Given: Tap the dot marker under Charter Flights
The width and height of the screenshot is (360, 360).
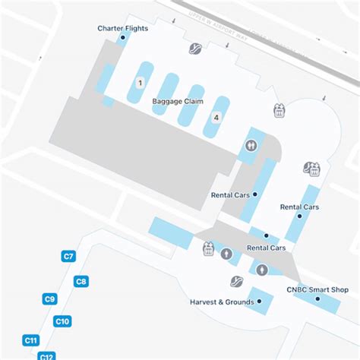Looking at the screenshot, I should (123, 36).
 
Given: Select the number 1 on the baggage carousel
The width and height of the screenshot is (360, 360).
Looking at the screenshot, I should (141, 82).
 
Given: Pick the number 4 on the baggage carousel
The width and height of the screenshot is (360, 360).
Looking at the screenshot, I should (216, 117).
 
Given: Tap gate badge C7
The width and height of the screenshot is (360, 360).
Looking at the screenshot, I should (68, 257).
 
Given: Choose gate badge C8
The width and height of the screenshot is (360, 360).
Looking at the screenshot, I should (82, 282).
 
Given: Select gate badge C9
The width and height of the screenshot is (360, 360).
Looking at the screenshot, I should (50, 299).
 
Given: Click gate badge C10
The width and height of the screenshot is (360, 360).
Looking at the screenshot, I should (63, 322).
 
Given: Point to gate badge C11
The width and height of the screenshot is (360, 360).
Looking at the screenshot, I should (31, 339).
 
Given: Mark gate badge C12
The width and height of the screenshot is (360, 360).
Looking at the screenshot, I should (47, 355).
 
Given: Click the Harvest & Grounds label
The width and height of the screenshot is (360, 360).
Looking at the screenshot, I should (221, 302).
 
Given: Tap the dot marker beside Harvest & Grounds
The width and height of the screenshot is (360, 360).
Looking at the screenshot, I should (259, 302).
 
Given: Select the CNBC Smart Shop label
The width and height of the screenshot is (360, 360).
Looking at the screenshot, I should (317, 289).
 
